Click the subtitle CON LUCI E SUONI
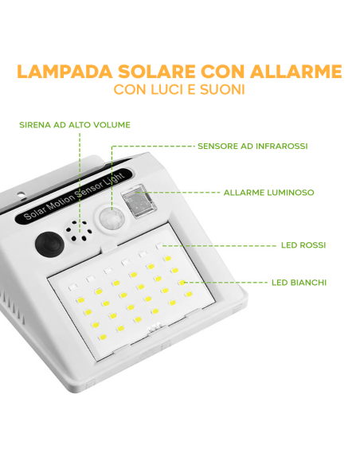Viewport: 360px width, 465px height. coord(179,90)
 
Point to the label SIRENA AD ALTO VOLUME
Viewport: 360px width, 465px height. coord(75,125)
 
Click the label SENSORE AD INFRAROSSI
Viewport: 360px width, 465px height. coord(252,147)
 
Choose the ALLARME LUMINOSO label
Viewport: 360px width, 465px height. coord(268,193)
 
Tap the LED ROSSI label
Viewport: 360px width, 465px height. coord(303,245)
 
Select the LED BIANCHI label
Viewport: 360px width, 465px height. coord(299,282)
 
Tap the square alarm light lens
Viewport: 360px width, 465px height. coord(138,202)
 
